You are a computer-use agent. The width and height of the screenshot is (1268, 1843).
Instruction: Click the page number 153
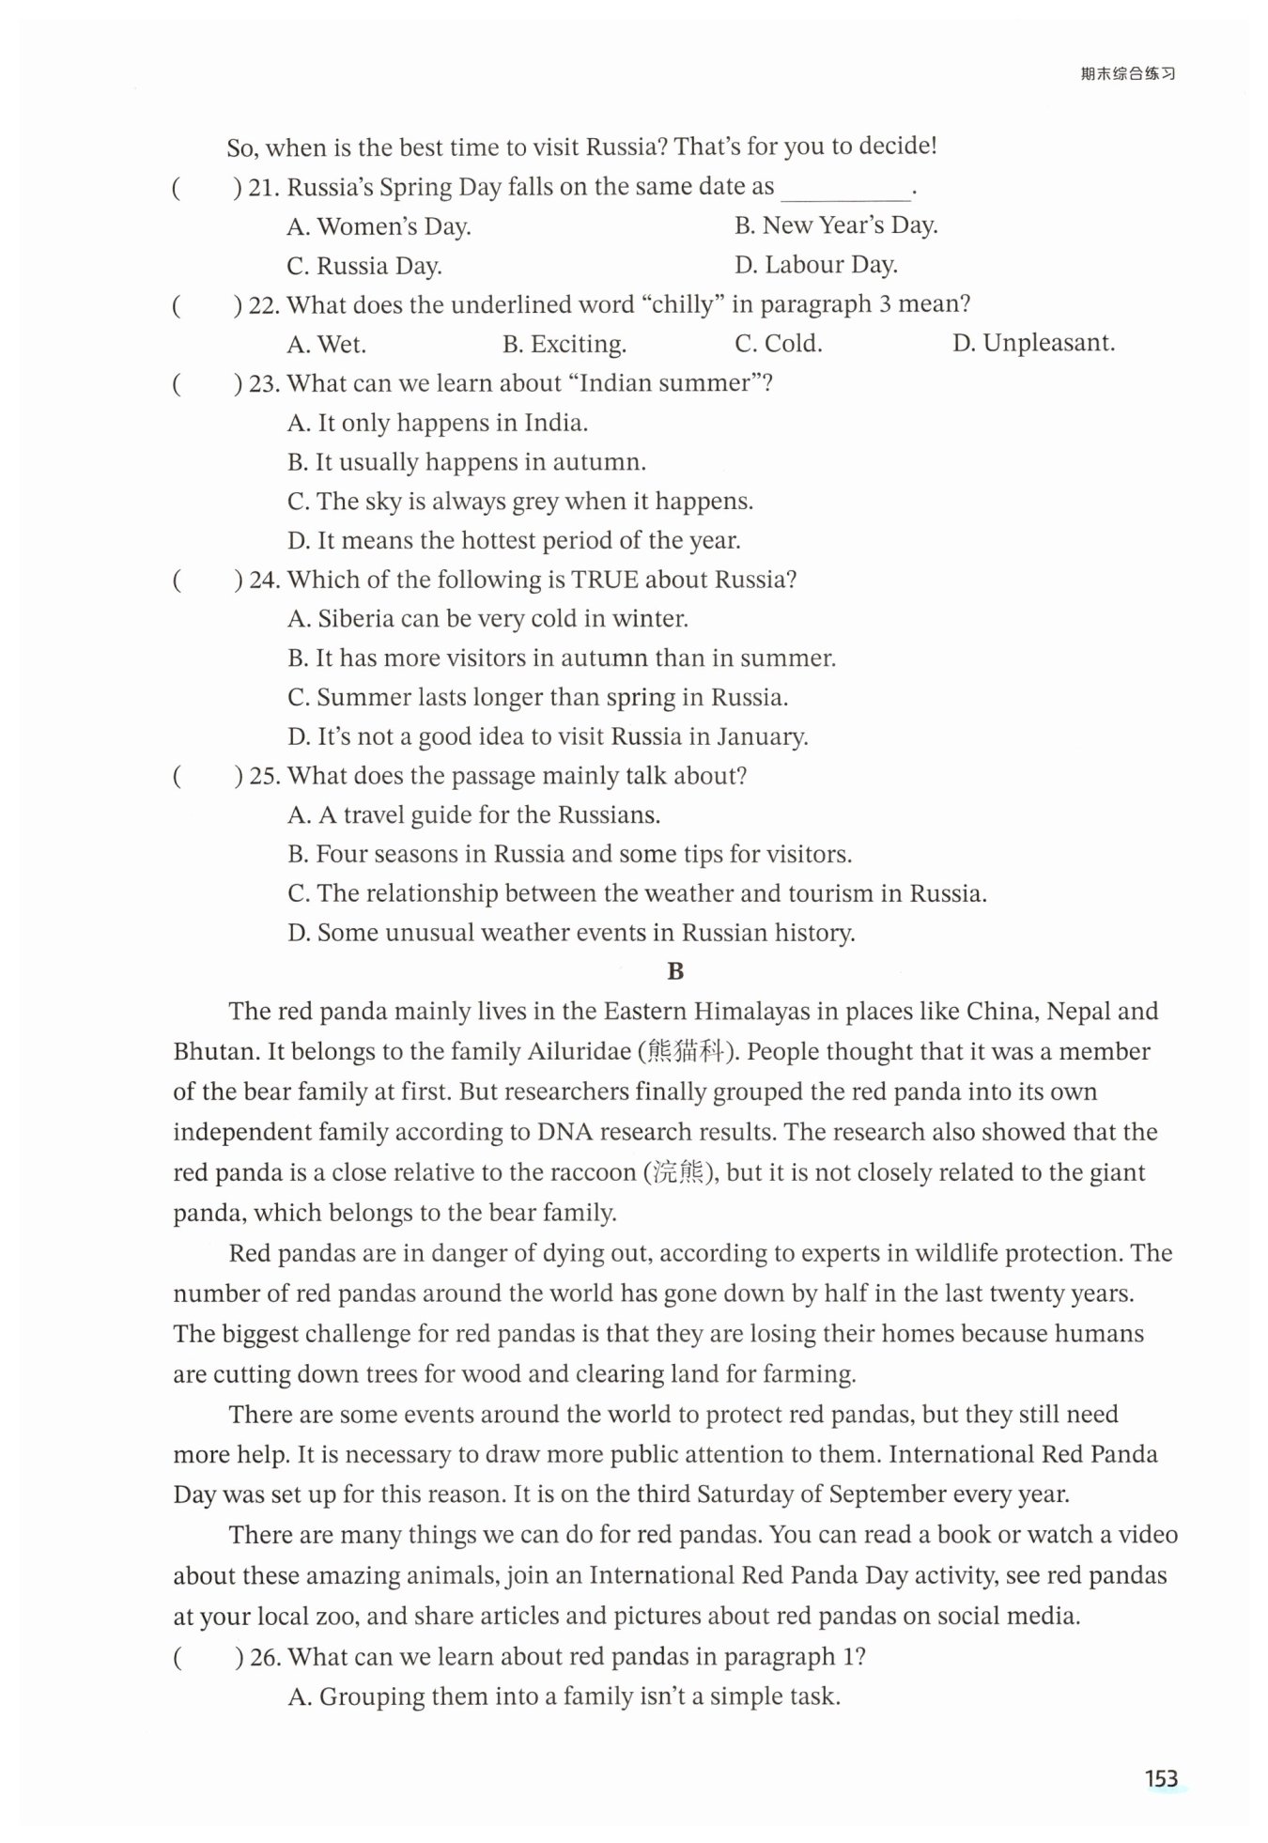tap(1161, 1777)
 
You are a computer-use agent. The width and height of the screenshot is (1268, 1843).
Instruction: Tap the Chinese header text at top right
tap(1127, 74)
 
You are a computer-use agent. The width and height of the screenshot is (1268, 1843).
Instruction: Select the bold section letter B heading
tap(674, 971)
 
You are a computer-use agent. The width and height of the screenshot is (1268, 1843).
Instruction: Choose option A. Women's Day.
tap(379, 226)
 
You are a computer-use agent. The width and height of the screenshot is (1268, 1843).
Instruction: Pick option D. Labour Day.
tap(815, 265)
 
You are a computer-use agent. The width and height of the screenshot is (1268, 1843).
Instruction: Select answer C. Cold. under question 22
tap(778, 344)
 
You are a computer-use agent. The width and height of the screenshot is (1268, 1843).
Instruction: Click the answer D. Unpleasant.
tap(1033, 343)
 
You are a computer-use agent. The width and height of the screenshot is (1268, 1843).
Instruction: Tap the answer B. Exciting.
tap(564, 345)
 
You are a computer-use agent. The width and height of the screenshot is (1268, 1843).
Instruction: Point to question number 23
tap(265, 383)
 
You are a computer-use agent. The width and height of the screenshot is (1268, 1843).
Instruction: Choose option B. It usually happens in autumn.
tap(466, 462)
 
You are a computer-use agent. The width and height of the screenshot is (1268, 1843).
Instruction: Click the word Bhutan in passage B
tap(215, 1051)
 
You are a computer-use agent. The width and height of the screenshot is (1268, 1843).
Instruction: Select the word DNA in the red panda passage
tap(562, 1132)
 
